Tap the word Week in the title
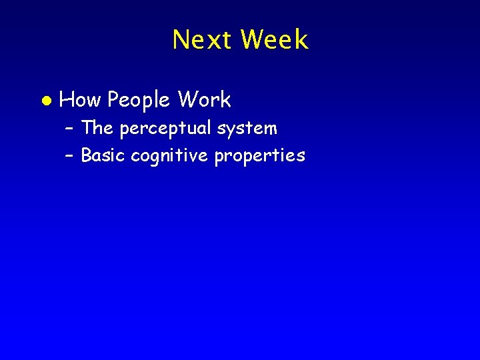275,40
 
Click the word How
81,100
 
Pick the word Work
205,100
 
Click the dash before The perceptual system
69,128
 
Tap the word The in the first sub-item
97,127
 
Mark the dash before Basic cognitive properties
69,156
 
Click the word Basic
103,155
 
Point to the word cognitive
169,156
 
